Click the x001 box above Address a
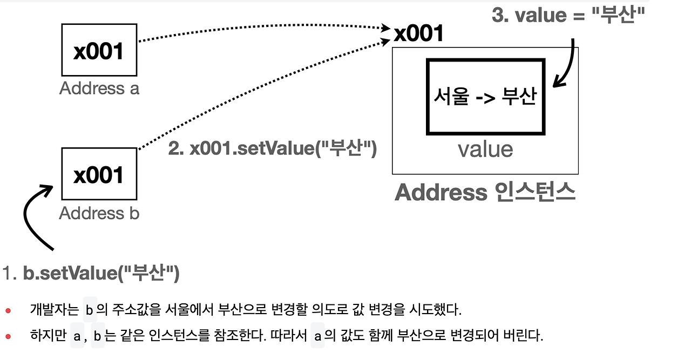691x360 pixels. click(x=99, y=50)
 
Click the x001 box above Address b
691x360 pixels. click(x=99, y=174)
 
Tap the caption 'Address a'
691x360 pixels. click(x=99, y=89)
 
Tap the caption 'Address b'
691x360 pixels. click(x=99, y=213)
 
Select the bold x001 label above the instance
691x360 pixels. click(x=418, y=34)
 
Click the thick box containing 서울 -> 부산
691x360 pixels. click(x=485, y=97)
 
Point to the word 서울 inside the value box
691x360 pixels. click(x=451, y=97)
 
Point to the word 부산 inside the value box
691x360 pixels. click(x=519, y=97)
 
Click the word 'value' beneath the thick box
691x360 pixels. click(x=485, y=150)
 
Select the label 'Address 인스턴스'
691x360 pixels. click(x=485, y=193)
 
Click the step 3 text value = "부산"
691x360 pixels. click(x=569, y=15)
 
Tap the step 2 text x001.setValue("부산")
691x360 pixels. click(x=272, y=148)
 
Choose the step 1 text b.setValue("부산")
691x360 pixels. click(x=101, y=274)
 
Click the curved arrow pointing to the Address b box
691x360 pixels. click(x=32, y=216)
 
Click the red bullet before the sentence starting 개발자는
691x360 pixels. click(x=8, y=310)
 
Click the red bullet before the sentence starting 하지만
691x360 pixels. click(x=8, y=336)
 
